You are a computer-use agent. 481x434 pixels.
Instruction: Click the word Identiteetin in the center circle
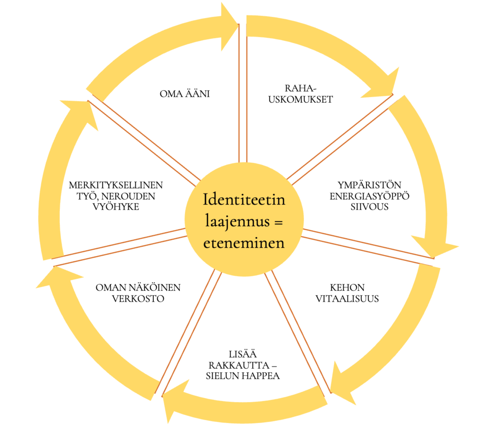(x=244, y=200)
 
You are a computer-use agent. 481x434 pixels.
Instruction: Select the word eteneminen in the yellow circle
(x=244, y=243)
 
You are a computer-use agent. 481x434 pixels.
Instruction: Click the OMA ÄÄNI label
(x=185, y=94)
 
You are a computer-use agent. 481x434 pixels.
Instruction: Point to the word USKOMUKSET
(x=300, y=99)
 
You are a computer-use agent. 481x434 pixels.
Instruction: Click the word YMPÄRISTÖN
(x=369, y=185)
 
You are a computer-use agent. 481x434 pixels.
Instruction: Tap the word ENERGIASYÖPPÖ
(x=369, y=196)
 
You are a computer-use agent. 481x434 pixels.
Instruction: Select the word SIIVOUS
(x=369, y=207)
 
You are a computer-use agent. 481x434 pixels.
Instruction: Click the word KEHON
(x=347, y=288)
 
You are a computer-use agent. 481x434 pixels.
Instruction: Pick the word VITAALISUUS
(x=347, y=299)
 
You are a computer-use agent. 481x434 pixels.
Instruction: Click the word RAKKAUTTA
(x=239, y=365)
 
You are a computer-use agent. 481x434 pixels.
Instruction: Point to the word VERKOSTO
(x=138, y=299)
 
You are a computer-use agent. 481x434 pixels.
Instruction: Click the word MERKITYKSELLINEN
(x=116, y=185)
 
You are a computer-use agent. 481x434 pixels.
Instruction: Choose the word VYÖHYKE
(x=116, y=207)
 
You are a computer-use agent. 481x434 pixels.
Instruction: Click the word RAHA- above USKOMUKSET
(x=300, y=88)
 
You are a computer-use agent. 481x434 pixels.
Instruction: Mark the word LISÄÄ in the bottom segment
(x=243, y=354)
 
